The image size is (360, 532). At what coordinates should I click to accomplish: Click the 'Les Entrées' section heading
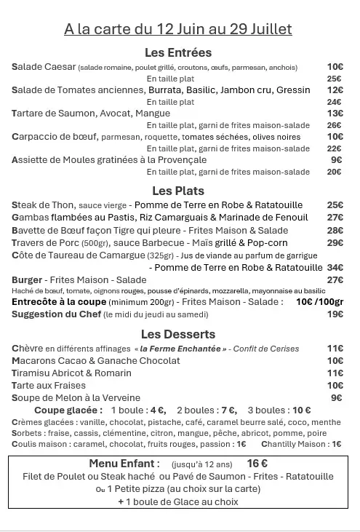tap(178, 52)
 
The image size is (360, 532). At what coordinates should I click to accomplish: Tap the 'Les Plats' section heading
tap(178, 191)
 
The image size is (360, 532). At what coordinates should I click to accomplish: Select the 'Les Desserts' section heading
tap(178, 334)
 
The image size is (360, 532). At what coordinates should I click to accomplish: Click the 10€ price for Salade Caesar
tap(335, 67)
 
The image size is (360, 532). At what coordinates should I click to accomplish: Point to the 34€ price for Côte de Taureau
tap(335, 267)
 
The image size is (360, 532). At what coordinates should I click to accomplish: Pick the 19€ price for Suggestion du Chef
tap(335, 314)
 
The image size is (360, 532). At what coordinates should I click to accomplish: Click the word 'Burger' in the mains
tap(27, 279)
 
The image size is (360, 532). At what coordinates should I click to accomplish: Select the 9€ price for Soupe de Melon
tap(336, 397)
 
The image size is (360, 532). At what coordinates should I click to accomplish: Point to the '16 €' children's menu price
tap(257, 464)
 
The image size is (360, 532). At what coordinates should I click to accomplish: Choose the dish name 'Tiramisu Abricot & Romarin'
tap(71, 373)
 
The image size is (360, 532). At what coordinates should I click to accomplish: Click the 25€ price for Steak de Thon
tap(335, 205)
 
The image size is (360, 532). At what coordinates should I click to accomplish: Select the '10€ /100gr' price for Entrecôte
tap(319, 301)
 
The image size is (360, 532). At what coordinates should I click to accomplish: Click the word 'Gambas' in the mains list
tap(30, 217)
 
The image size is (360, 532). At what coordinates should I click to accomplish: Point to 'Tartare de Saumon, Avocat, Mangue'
tap(91, 113)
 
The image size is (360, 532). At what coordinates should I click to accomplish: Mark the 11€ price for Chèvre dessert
tap(335, 349)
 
